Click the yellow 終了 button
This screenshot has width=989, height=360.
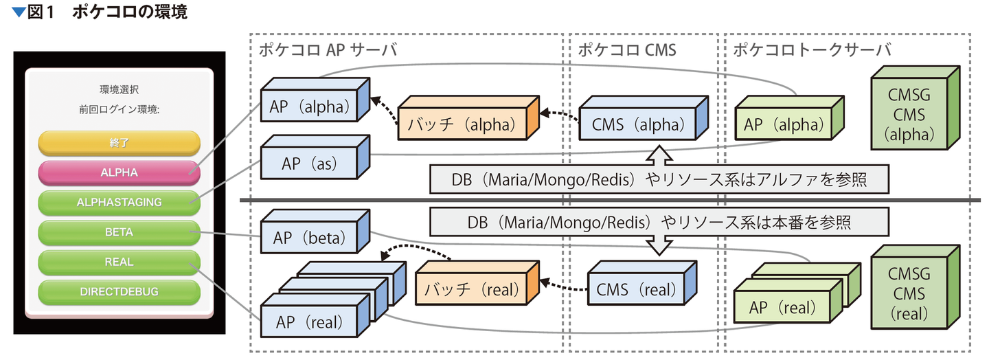(119, 143)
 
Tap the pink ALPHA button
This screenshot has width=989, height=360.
(119, 172)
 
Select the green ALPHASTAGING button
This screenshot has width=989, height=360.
(119, 202)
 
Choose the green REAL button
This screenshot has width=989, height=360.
(119, 262)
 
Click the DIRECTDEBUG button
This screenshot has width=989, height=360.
(119, 291)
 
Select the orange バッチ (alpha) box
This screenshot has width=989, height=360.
(460, 125)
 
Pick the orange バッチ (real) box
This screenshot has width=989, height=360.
(470, 289)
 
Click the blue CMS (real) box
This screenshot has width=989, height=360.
(636, 289)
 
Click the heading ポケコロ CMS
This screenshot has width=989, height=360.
(626, 49)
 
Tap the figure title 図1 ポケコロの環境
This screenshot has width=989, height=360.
(100, 12)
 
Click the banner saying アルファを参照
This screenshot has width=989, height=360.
(659, 179)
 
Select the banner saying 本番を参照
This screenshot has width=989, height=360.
(659, 222)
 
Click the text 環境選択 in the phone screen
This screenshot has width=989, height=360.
(119, 89)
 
